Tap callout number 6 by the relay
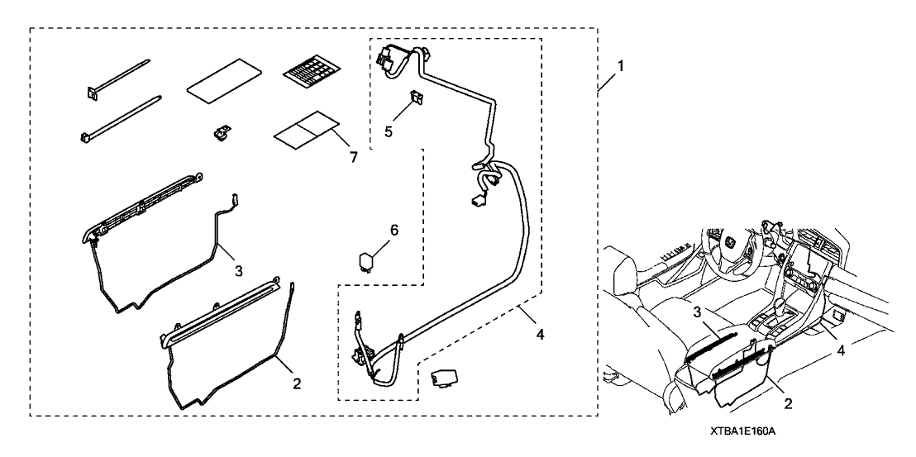tap(394, 231)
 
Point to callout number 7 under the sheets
tap(353, 157)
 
